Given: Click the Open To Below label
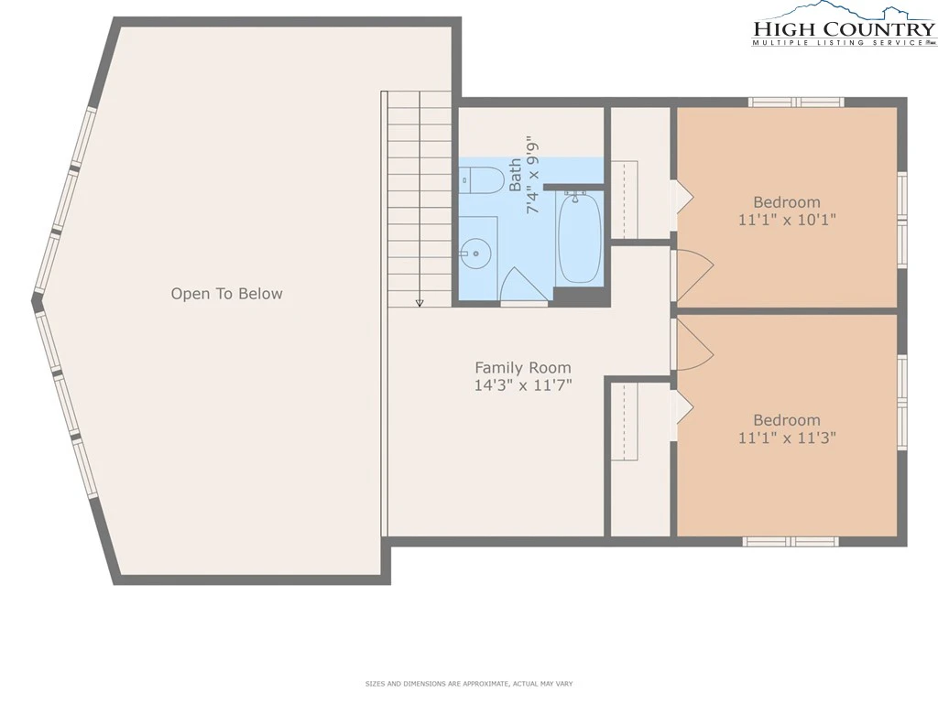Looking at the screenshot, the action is pyautogui.click(x=227, y=294).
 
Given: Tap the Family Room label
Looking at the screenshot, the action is pyautogui.click(x=523, y=368).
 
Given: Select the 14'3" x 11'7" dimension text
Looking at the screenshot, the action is pyautogui.click(x=523, y=385).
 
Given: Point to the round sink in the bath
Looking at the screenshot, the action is pyautogui.click(x=475, y=254).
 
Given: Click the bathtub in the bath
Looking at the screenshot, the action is pyautogui.click(x=577, y=237).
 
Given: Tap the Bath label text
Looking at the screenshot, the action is pyautogui.click(x=515, y=175).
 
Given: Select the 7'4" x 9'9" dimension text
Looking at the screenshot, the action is pyautogui.click(x=532, y=176).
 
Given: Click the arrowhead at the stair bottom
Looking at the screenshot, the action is pyautogui.click(x=420, y=303).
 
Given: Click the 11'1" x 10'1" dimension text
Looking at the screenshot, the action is pyautogui.click(x=787, y=220).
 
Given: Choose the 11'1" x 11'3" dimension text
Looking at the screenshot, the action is pyautogui.click(x=787, y=438).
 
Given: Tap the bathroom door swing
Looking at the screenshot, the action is pyautogui.click(x=524, y=286).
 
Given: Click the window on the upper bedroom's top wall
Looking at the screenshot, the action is pyautogui.click(x=796, y=103).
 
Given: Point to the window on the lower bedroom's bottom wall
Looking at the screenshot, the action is pyautogui.click(x=791, y=542).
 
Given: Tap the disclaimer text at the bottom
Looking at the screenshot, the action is pyautogui.click(x=469, y=683).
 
